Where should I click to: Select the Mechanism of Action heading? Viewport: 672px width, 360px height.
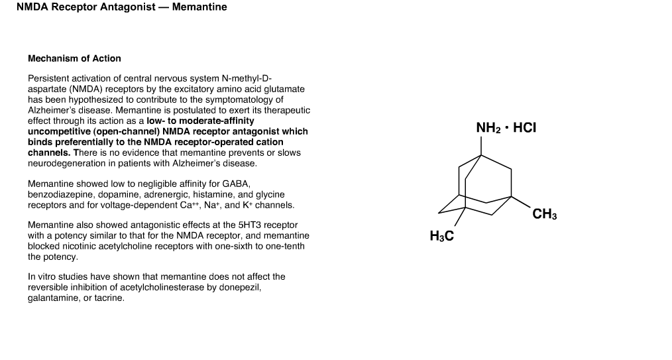coord(75,59)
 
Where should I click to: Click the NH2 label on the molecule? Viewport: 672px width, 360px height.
coord(488,128)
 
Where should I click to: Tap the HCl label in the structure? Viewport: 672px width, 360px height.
coord(525,128)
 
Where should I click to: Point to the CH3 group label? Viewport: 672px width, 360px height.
coord(545,214)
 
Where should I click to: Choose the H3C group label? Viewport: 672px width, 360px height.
coord(442,236)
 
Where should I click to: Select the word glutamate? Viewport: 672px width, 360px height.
coord(284,89)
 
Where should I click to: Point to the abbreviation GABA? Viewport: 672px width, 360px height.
coord(236,184)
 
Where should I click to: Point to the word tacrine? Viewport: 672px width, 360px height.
coord(109,298)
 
